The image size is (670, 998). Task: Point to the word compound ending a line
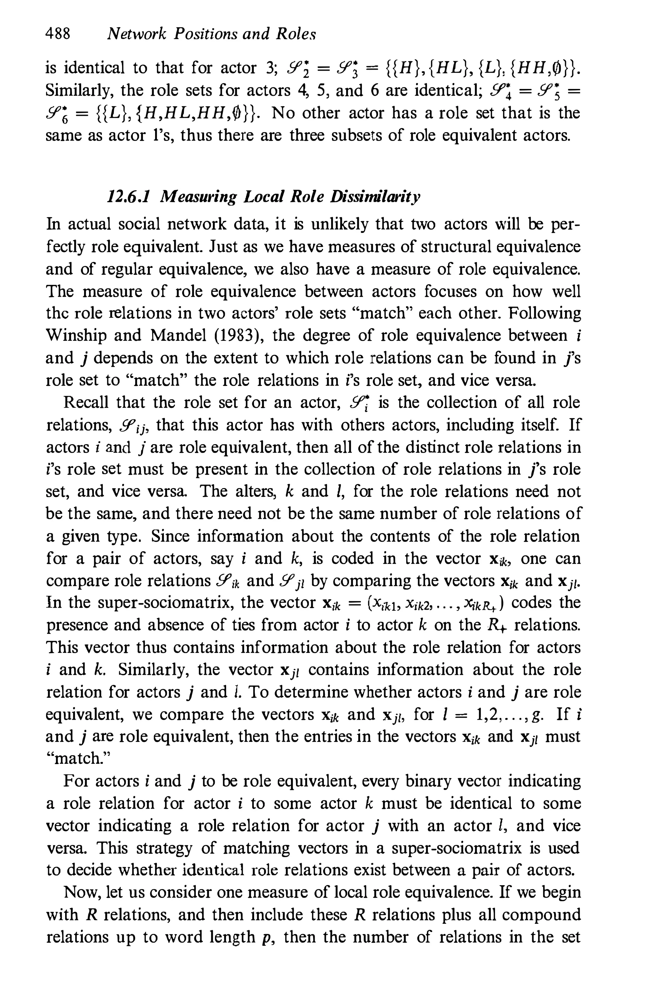click(x=541, y=914)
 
